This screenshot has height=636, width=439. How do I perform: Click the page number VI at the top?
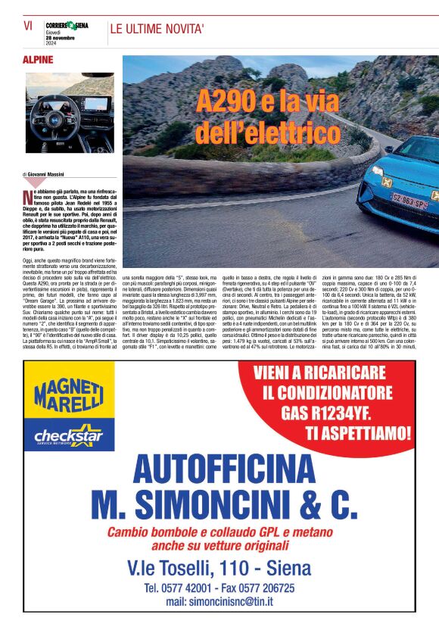28,25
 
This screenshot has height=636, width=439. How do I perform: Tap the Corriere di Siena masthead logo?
67,26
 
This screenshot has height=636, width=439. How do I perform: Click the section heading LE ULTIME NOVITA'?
157,30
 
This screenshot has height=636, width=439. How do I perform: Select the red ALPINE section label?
38,59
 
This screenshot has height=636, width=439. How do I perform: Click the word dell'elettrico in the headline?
268,133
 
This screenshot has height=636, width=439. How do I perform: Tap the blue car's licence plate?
409,204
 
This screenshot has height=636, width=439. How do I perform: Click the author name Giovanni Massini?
48,175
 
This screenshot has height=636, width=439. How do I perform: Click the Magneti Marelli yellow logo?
68,395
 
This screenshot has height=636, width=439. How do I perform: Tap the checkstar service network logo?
69,437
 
